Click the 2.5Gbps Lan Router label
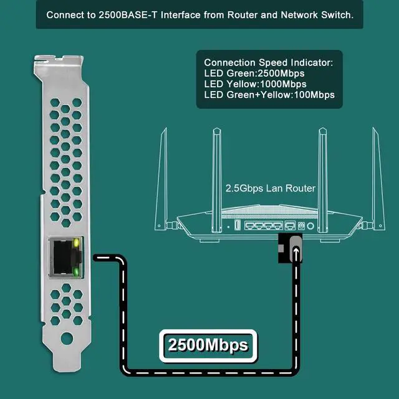click(270, 188)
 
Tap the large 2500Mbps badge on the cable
click(208, 344)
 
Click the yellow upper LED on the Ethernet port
click(77, 243)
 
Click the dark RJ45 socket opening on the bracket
click(62, 256)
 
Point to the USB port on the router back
click(237, 225)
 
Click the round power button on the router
click(302, 225)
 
